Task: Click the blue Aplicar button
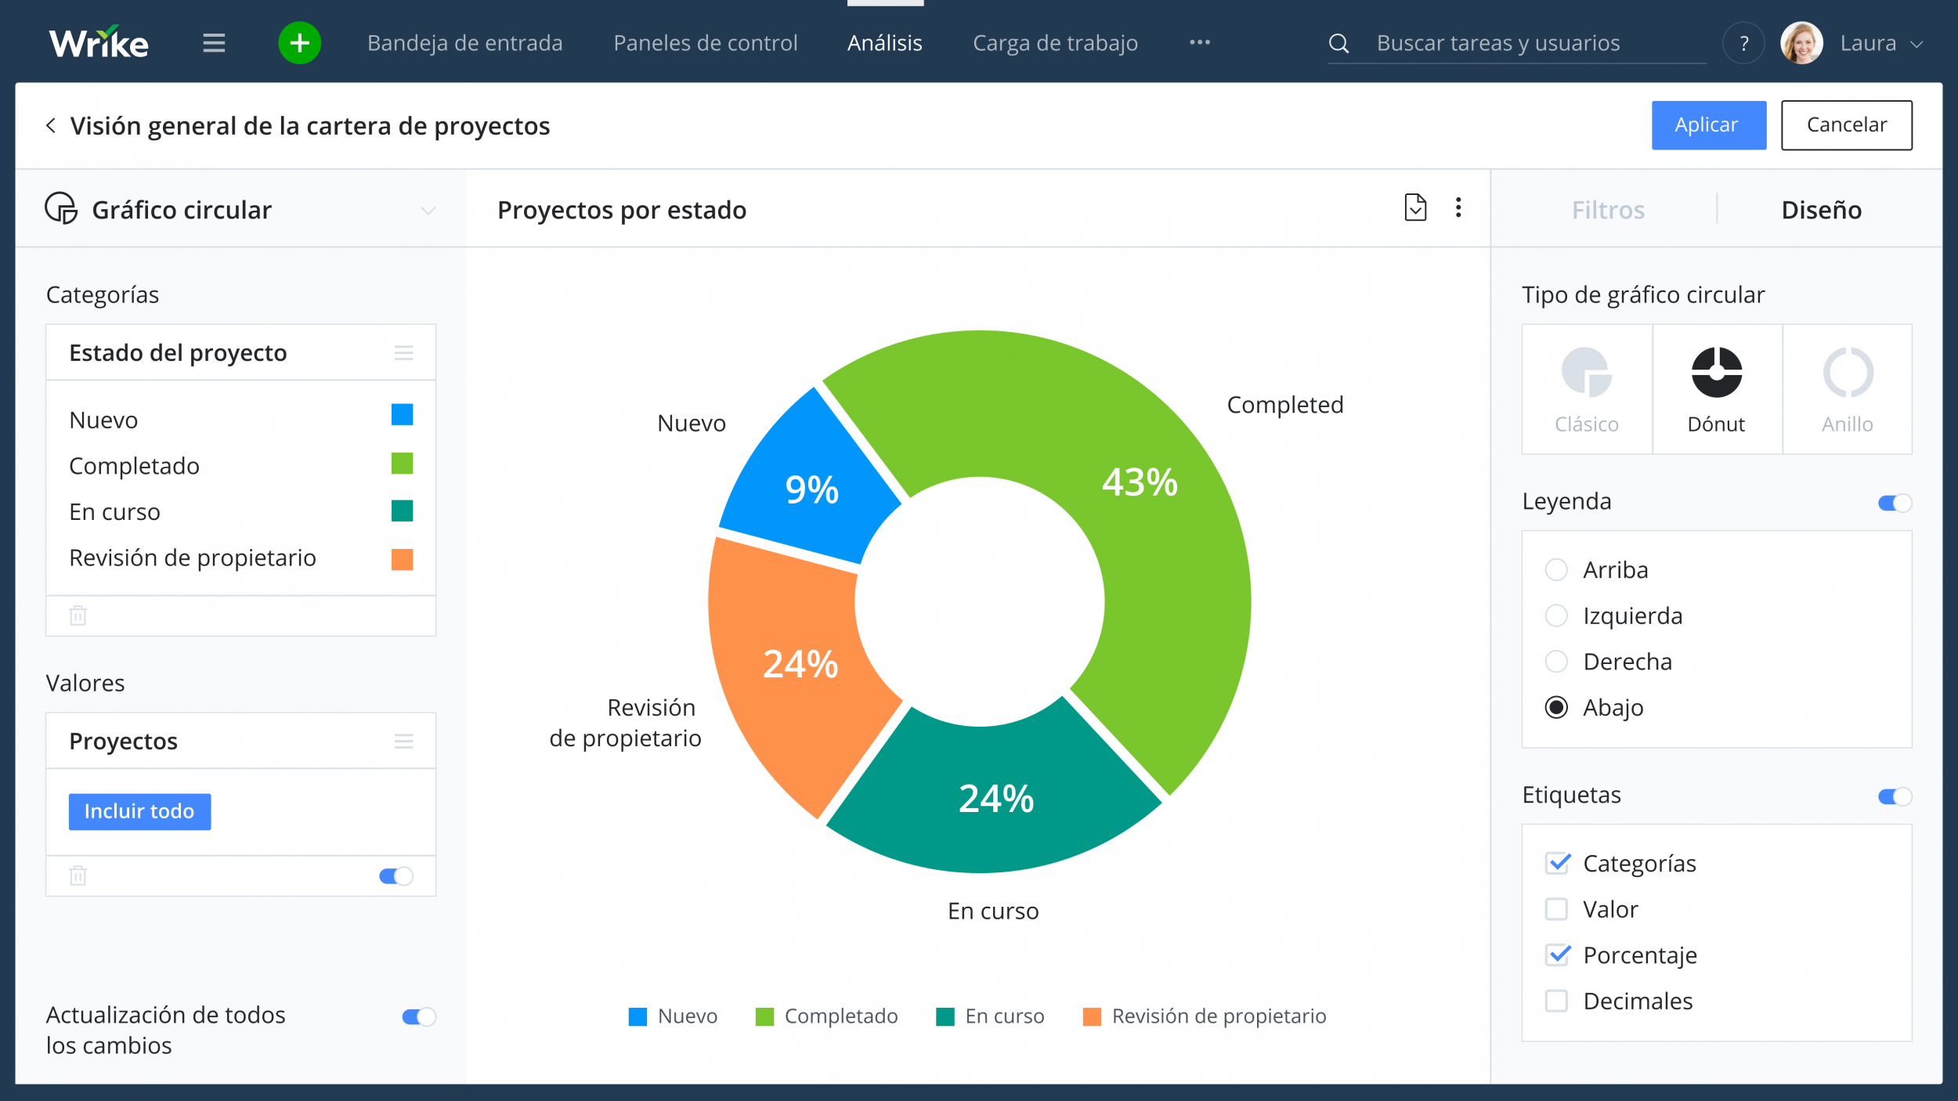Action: tap(1708, 125)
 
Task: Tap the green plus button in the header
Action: tap(299, 43)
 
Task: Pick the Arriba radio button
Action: tap(1555, 569)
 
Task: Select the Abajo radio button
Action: tap(1555, 707)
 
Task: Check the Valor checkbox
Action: tap(1555, 909)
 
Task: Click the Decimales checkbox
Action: tap(1555, 1001)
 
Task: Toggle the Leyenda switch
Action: tap(1895, 503)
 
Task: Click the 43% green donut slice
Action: tap(1140, 501)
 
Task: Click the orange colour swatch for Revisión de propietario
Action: tap(402, 559)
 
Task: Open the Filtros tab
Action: tap(1607, 210)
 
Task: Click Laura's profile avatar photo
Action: tap(1801, 43)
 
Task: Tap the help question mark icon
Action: tap(1743, 43)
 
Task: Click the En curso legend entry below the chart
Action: tap(991, 1016)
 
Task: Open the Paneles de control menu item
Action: tap(705, 43)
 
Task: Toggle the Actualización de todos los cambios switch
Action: tap(418, 1016)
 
